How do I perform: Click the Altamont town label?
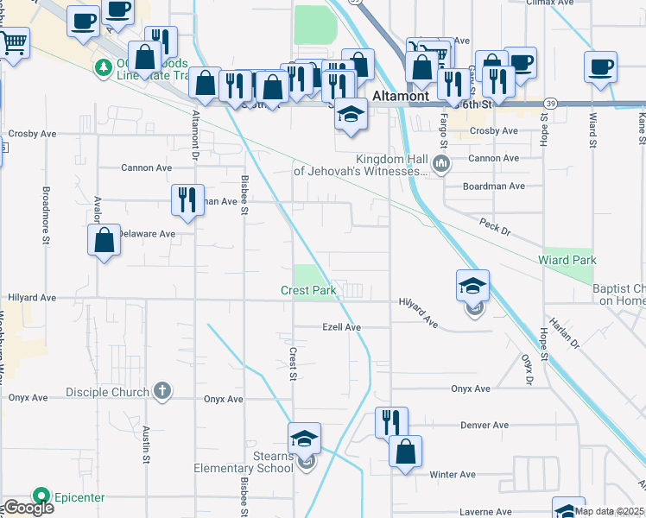[401, 96]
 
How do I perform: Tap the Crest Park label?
[308, 291]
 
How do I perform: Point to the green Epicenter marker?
[40, 496]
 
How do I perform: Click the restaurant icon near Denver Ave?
[391, 422]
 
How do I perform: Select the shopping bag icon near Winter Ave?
[405, 452]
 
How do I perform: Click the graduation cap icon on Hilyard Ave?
[472, 285]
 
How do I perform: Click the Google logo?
[28, 508]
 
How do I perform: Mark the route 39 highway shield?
[551, 103]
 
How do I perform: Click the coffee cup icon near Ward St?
[600, 67]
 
